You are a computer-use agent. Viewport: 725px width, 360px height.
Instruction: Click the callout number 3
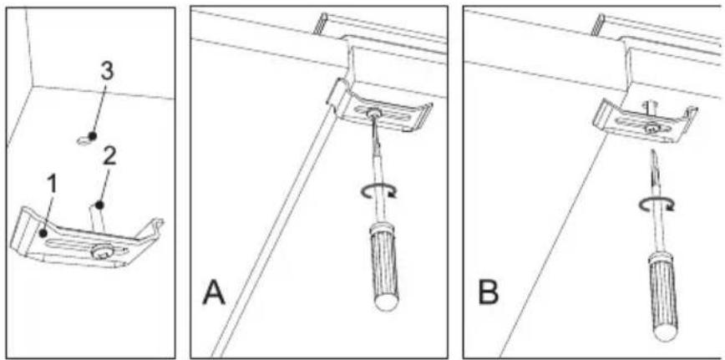(x=106, y=72)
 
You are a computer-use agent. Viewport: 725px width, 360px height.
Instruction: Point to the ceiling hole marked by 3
(x=84, y=139)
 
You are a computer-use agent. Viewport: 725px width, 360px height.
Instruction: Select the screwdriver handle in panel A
(x=383, y=262)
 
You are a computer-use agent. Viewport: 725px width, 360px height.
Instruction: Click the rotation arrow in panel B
(x=657, y=204)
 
